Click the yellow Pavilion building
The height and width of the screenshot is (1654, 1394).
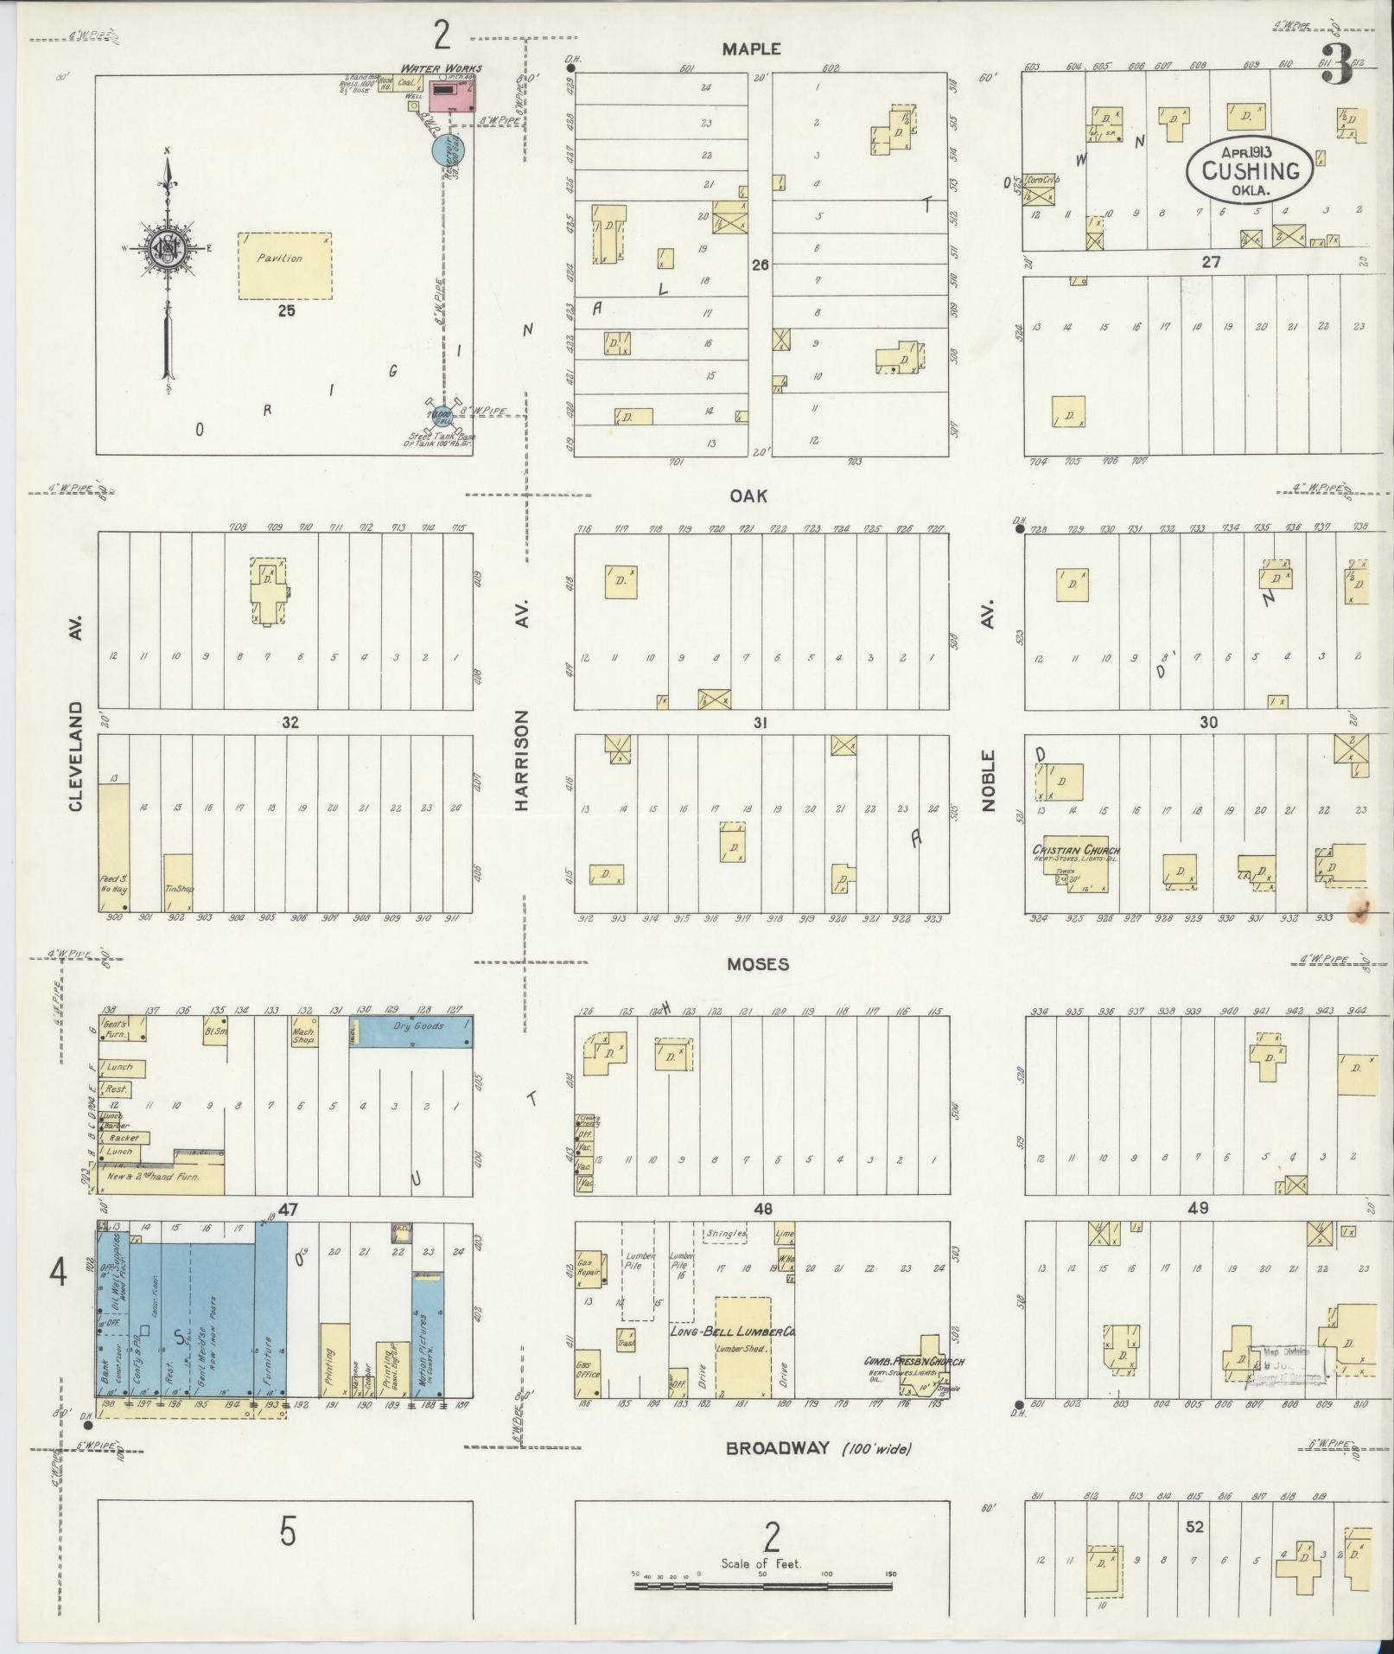click(284, 265)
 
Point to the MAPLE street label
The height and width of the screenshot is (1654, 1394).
click(751, 50)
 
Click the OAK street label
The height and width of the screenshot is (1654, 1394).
click(748, 496)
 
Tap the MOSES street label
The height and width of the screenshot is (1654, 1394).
click(757, 963)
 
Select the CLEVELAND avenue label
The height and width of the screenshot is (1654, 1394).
click(76, 755)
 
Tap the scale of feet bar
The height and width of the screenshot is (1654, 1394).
click(763, 1587)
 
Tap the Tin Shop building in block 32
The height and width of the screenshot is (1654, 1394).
click(178, 882)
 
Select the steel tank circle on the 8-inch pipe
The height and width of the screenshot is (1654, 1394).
click(442, 417)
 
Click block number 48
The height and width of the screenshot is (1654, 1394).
click(762, 1209)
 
